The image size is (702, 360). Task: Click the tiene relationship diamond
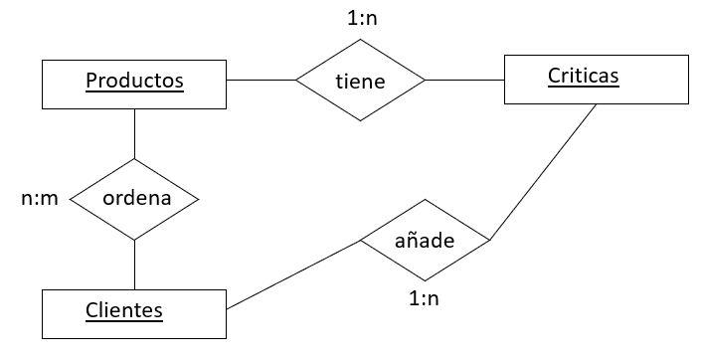(x=360, y=81)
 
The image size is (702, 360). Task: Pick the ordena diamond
(x=134, y=198)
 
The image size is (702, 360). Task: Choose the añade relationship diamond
(x=425, y=240)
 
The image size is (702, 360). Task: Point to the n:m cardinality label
(x=40, y=198)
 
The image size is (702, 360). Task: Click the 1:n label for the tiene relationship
(x=361, y=17)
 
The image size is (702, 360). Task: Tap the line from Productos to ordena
(x=134, y=133)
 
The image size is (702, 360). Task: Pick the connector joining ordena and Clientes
(x=134, y=265)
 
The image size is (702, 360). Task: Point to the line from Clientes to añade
(x=293, y=274)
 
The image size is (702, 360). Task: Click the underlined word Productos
(x=134, y=81)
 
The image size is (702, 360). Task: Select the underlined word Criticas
(x=583, y=76)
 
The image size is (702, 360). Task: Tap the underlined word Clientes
(x=123, y=310)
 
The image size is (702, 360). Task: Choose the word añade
(x=425, y=240)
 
